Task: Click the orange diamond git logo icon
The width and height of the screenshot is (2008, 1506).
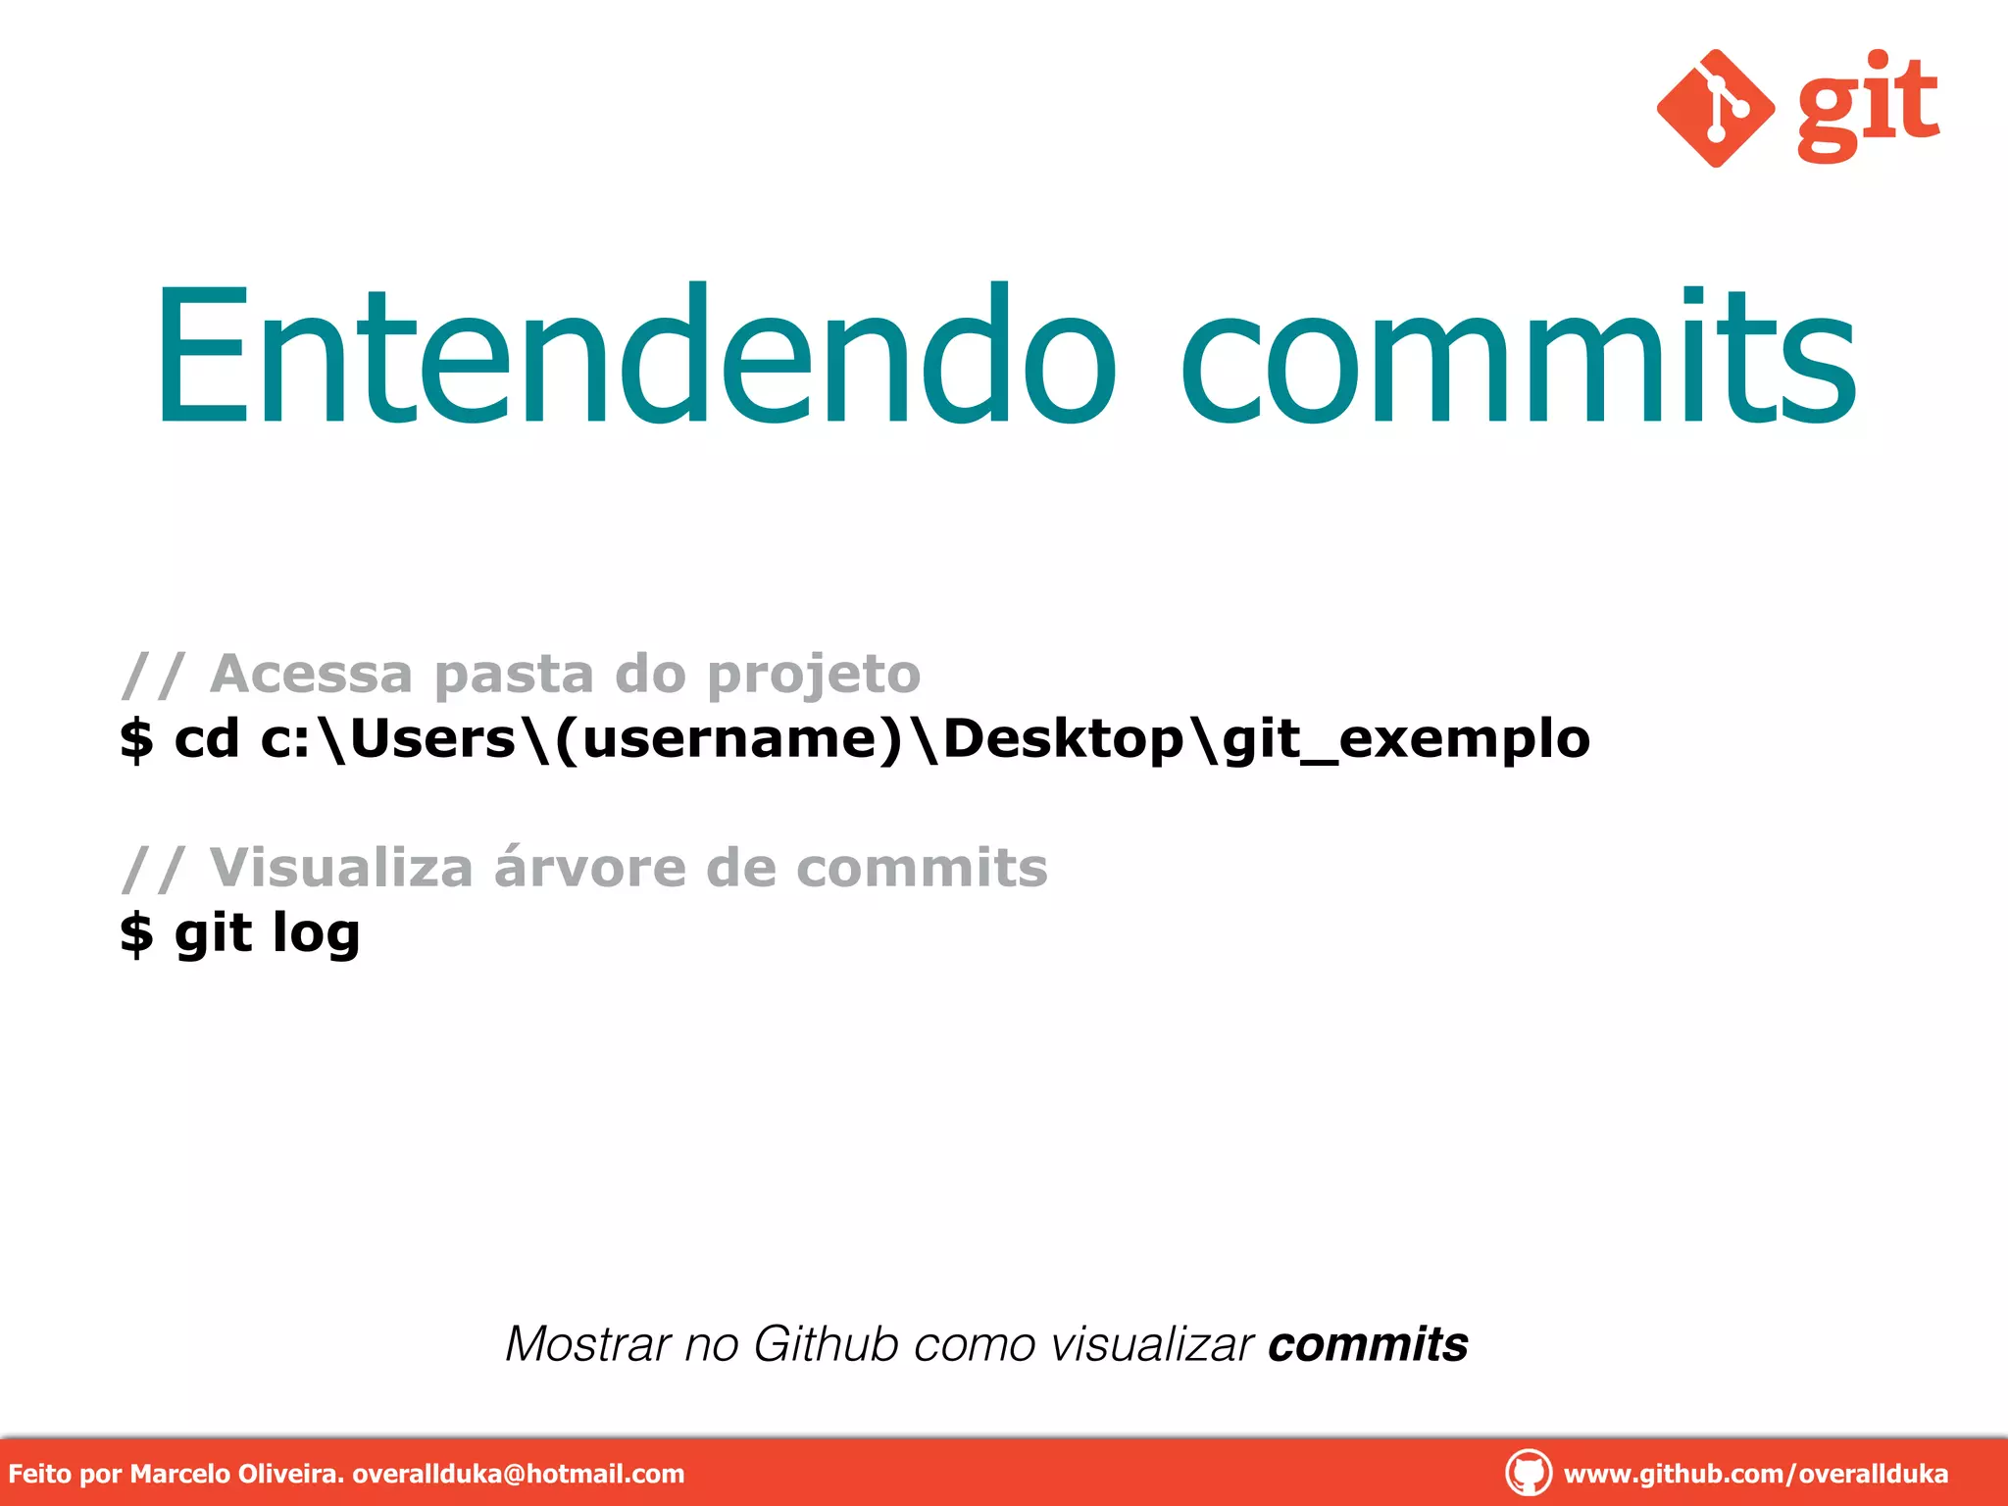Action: pos(1715,108)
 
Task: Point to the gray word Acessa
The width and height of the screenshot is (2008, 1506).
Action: pos(312,675)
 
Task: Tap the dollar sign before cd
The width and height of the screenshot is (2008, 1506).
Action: pos(136,739)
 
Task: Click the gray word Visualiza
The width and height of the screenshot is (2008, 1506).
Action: pos(341,869)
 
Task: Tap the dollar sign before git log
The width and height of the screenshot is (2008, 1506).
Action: pos(136,933)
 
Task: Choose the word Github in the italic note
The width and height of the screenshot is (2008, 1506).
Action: pos(826,1344)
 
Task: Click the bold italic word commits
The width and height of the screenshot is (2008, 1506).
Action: pos(1368,1344)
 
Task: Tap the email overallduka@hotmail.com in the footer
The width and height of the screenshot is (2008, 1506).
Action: pos(518,1474)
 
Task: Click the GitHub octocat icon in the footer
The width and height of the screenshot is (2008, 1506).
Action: pos(1528,1473)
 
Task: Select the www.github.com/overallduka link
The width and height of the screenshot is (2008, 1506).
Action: pos(1755,1474)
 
